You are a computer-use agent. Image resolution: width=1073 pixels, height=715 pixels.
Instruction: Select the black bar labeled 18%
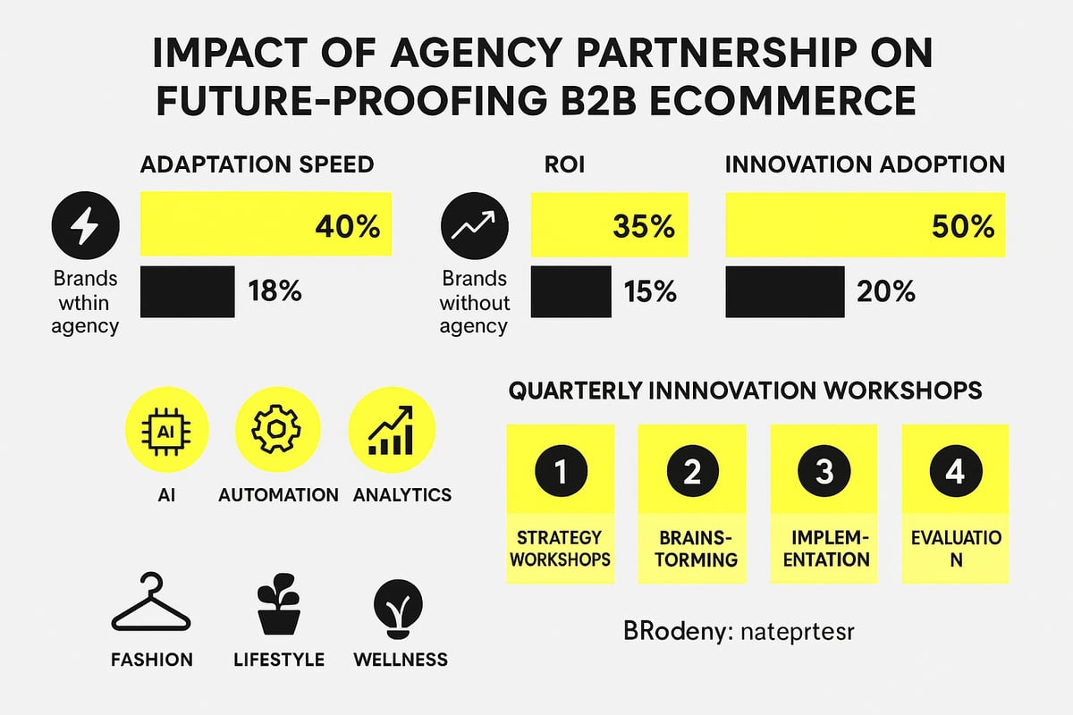tap(188, 291)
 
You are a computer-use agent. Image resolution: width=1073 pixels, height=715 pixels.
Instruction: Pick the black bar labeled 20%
tap(784, 291)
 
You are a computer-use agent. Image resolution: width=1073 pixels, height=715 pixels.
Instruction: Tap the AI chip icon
tap(166, 430)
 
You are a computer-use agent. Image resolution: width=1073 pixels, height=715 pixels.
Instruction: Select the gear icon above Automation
tap(277, 430)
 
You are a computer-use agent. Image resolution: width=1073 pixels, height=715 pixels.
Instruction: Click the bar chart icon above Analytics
tap(391, 430)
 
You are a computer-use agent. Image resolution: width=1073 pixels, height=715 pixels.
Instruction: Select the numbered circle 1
tap(560, 471)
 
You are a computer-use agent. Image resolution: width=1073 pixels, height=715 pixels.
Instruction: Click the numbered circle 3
tap(824, 471)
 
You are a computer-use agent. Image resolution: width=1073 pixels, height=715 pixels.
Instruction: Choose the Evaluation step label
tap(955, 549)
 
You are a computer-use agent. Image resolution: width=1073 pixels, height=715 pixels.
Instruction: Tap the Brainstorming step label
tap(691, 549)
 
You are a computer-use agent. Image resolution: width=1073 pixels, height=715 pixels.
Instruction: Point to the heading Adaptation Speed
tap(258, 165)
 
